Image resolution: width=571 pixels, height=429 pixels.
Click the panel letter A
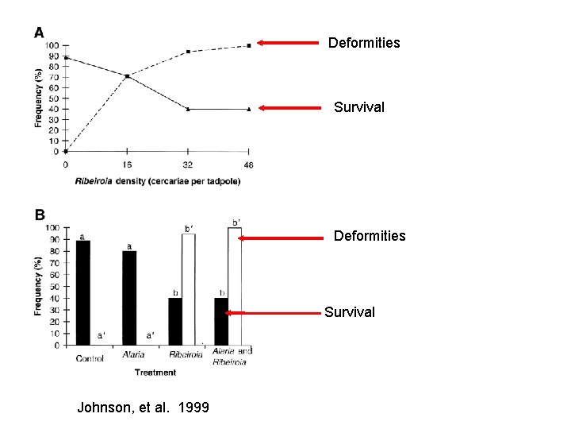[x=39, y=33]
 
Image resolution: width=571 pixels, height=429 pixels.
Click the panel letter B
[x=40, y=214]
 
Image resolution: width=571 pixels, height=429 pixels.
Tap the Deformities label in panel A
[x=364, y=43]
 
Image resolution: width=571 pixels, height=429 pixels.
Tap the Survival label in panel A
[x=359, y=106]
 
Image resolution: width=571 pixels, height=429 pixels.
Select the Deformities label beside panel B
[x=370, y=236]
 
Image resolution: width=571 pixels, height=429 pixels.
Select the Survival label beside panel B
[x=350, y=312]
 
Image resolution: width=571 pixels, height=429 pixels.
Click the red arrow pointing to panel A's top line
[x=289, y=44]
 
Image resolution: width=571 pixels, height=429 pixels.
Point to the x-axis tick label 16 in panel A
[x=127, y=164]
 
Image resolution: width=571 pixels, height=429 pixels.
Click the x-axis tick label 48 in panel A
[x=248, y=164]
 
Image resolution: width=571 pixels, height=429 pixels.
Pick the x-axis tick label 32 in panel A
[x=188, y=164]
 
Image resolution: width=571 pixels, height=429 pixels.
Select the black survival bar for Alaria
[x=129, y=298]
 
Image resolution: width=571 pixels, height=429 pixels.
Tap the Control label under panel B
[x=90, y=358]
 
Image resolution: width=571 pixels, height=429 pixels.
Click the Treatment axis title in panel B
[x=155, y=372]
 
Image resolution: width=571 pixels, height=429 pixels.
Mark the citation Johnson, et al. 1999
[x=143, y=408]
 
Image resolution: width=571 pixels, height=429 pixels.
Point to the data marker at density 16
[x=127, y=76]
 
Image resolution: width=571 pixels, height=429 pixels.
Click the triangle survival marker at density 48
[x=248, y=109]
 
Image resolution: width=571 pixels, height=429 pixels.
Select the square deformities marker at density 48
[x=249, y=45]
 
